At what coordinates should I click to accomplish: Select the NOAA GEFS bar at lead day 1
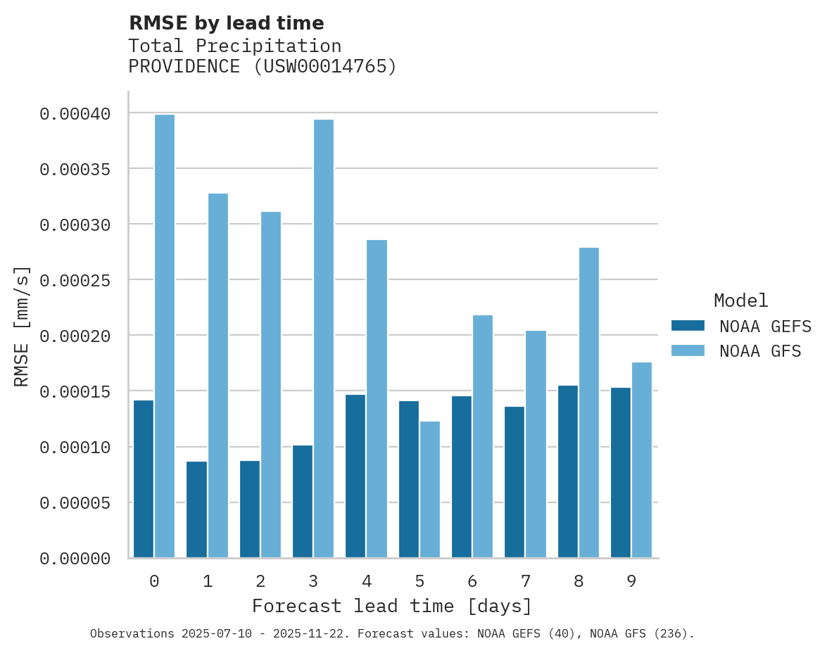[196, 509]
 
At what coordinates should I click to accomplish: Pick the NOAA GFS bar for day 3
[324, 338]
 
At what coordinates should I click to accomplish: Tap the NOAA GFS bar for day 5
[430, 490]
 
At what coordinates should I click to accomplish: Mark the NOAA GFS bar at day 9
[642, 460]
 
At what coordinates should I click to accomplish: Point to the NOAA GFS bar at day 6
[483, 436]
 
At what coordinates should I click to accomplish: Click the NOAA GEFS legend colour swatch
[688, 325]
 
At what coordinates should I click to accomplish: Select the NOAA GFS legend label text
[760, 350]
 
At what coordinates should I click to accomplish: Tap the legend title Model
[740, 300]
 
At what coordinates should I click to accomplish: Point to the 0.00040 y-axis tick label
[75, 113]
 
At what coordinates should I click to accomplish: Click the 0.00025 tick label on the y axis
[75, 280]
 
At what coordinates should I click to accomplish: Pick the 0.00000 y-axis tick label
[75, 559]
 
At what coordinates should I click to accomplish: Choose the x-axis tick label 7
[525, 581]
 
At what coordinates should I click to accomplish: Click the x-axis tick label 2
[260, 581]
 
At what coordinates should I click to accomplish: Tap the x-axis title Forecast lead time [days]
[392, 606]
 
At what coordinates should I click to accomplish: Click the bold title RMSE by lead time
[226, 23]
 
